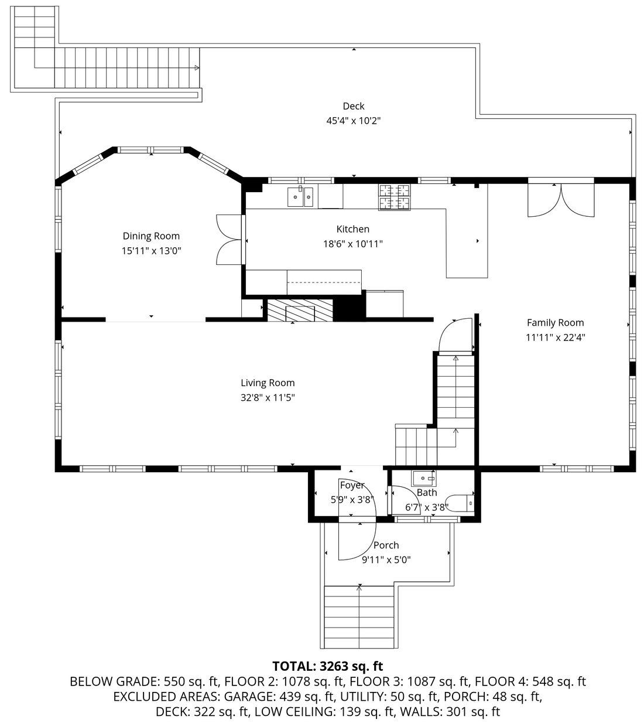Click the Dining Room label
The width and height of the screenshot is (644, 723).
point(151,236)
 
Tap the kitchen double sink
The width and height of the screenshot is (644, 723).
point(300,197)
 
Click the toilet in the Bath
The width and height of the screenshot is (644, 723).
point(465,503)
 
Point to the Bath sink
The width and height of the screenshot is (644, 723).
point(424,478)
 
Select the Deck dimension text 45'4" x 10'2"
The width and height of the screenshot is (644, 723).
point(354,121)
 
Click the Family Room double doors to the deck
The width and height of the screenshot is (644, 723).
point(561,200)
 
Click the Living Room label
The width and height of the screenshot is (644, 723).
point(268,383)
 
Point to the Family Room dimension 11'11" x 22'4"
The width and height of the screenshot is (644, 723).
point(555,337)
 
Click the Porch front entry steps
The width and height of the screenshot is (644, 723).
point(359,615)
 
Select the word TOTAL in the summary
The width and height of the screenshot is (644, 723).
point(294,666)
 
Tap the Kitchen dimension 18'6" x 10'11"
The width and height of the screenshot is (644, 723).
point(352,244)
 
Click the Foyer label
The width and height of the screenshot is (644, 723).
point(352,485)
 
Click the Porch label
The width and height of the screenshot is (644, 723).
point(386,545)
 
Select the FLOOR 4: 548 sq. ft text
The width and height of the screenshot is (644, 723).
point(530,681)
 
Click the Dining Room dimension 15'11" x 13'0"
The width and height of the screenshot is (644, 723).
point(151,251)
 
